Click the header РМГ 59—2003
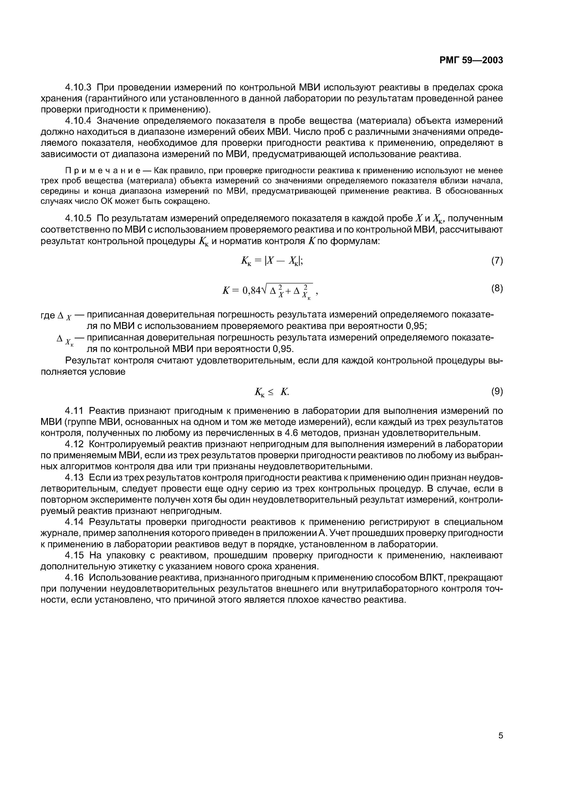pyautogui.click(x=471, y=60)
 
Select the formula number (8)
pyautogui.click(x=497, y=288)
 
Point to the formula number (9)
pyautogui.click(x=497, y=391)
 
